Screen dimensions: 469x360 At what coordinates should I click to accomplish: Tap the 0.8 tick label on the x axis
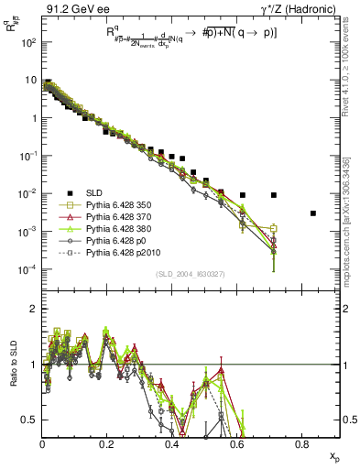(302, 444)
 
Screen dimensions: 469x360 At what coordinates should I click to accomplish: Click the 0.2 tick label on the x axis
(107, 444)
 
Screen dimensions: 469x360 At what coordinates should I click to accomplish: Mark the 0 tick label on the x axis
(43, 444)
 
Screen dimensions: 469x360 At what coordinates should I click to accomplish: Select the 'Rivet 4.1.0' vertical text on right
(351, 73)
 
